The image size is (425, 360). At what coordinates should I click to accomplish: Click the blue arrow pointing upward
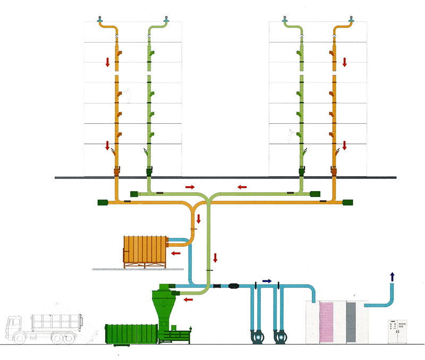pyautogui.click(x=393, y=276)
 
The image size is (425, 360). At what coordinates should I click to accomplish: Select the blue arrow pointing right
pyautogui.click(x=267, y=280)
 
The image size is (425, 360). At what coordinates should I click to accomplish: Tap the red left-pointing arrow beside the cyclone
pyautogui.click(x=188, y=301)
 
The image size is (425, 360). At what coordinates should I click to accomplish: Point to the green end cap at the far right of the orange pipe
pyautogui.click(x=348, y=202)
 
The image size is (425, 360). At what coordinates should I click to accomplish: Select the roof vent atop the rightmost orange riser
pyautogui.click(x=350, y=20)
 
